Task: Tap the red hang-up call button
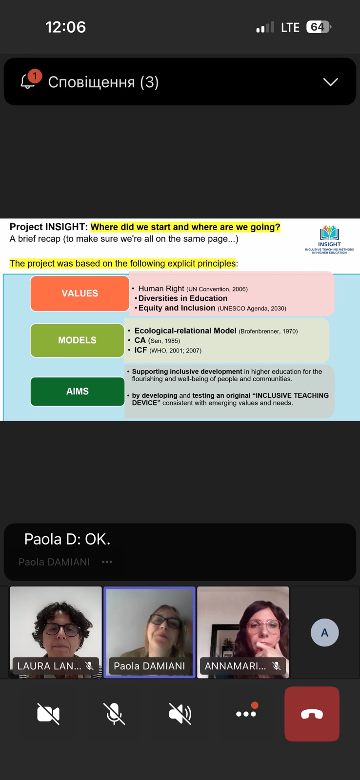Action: (x=312, y=714)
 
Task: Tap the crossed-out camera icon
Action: (x=48, y=714)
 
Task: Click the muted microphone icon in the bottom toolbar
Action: (x=114, y=714)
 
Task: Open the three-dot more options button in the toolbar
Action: (x=246, y=713)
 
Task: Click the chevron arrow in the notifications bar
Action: (x=330, y=82)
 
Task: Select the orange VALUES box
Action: (x=80, y=293)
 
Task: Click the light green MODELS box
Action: (x=77, y=340)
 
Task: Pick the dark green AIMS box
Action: (x=78, y=391)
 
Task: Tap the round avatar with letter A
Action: (x=324, y=632)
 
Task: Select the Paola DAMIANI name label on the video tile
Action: (x=149, y=666)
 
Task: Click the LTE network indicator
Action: (x=290, y=27)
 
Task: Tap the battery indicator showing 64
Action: (x=318, y=27)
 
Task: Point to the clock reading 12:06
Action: (x=65, y=27)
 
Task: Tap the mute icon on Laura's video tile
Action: (x=90, y=666)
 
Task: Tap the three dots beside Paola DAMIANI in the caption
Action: (x=107, y=562)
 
